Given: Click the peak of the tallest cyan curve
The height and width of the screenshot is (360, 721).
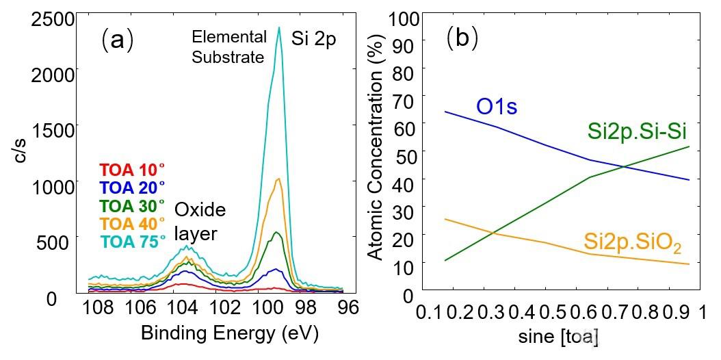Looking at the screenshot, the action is click(x=278, y=27).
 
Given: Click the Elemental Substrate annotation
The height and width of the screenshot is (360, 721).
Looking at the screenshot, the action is click(x=229, y=47).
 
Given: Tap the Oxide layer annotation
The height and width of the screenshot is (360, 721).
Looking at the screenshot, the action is click(x=200, y=222).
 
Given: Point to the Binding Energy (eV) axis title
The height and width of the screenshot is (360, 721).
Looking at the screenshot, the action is click(x=229, y=333).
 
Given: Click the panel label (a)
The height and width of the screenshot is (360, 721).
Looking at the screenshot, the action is click(x=117, y=40).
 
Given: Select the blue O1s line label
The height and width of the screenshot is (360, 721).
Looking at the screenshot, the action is click(x=497, y=107).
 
